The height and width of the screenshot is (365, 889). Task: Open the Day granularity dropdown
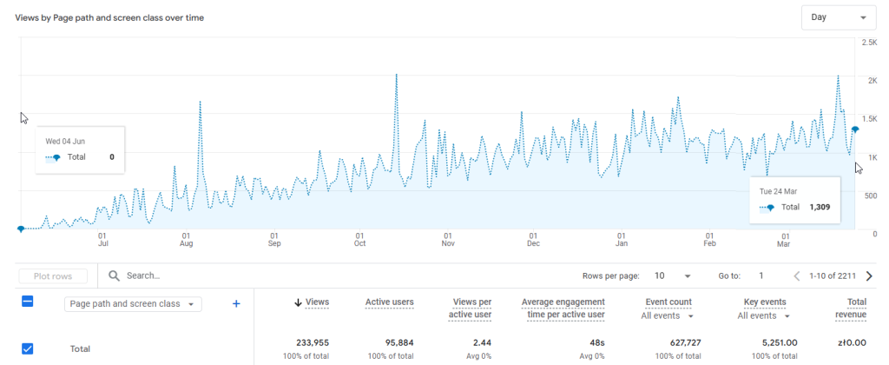839,17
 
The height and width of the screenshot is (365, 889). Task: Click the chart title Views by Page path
109,17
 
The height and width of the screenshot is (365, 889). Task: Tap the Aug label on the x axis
187,244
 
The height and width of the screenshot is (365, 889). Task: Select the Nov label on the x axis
447,244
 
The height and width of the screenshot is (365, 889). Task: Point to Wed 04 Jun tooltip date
65,141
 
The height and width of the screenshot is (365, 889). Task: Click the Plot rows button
53,276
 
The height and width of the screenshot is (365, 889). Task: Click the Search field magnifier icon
114,275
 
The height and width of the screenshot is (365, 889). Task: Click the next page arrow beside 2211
869,276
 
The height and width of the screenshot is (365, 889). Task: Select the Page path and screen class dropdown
133,304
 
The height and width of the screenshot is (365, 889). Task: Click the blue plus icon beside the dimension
235,303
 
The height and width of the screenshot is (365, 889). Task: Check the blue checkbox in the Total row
27,348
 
